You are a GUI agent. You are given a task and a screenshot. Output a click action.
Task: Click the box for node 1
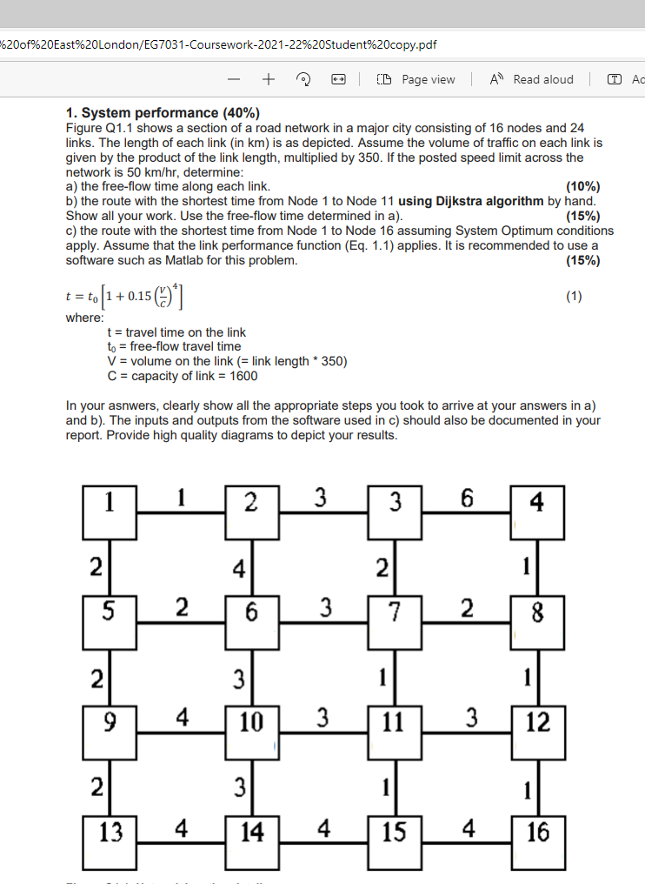pyautogui.click(x=110, y=513)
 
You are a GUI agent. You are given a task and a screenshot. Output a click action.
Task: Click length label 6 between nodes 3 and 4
pyautogui.click(x=467, y=499)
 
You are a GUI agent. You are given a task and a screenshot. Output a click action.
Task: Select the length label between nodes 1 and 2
pyautogui.click(x=181, y=499)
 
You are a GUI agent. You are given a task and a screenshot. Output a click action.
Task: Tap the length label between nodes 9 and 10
pyautogui.click(x=181, y=719)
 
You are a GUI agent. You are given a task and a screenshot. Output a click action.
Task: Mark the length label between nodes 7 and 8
pyautogui.click(x=467, y=608)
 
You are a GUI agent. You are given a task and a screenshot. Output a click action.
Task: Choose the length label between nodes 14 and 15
pyautogui.click(x=324, y=828)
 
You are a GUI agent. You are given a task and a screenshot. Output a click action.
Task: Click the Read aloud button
pyautogui.click(x=533, y=79)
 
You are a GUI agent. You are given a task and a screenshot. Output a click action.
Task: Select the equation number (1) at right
pyautogui.click(x=574, y=297)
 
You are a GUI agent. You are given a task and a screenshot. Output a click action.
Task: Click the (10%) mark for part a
pyautogui.click(x=582, y=186)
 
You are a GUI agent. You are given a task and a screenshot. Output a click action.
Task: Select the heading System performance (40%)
pyautogui.click(x=163, y=112)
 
